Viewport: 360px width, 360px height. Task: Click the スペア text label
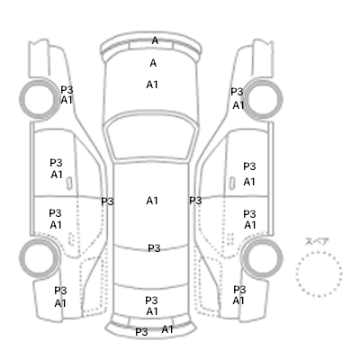point(317,242)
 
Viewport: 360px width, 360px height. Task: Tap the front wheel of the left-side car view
point(40,98)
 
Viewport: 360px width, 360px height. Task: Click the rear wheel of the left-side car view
point(40,257)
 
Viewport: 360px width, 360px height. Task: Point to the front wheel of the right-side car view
point(262,98)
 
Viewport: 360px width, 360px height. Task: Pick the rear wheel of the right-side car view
point(262,257)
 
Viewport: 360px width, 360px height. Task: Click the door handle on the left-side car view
point(69,183)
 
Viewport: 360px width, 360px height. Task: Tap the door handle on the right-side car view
point(232,183)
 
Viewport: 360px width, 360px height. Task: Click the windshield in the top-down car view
point(152,137)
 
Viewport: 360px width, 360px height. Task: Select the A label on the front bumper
point(155,40)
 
